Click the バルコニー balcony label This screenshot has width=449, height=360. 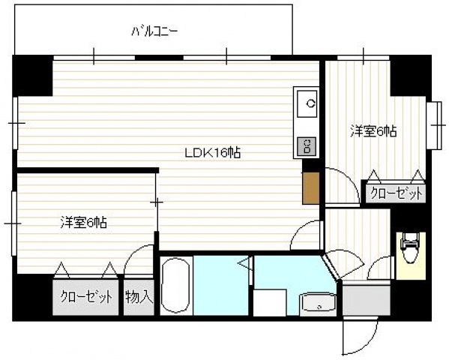pyautogui.click(x=154, y=32)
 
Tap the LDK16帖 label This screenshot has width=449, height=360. pyautogui.click(x=213, y=153)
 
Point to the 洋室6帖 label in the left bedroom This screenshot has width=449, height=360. pyautogui.click(x=83, y=222)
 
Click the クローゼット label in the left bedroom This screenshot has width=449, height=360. pyautogui.click(x=87, y=296)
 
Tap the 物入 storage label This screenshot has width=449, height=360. pyautogui.click(x=139, y=296)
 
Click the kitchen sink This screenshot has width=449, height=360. pyautogui.click(x=307, y=103)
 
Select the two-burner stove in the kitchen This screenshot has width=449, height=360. pyautogui.click(x=307, y=145)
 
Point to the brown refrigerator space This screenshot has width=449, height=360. pyautogui.click(x=310, y=187)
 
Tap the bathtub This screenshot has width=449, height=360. pyautogui.click(x=176, y=287)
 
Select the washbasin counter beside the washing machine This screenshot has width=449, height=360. pyautogui.click(x=319, y=304)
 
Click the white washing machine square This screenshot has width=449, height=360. pyautogui.click(x=268, y=304)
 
